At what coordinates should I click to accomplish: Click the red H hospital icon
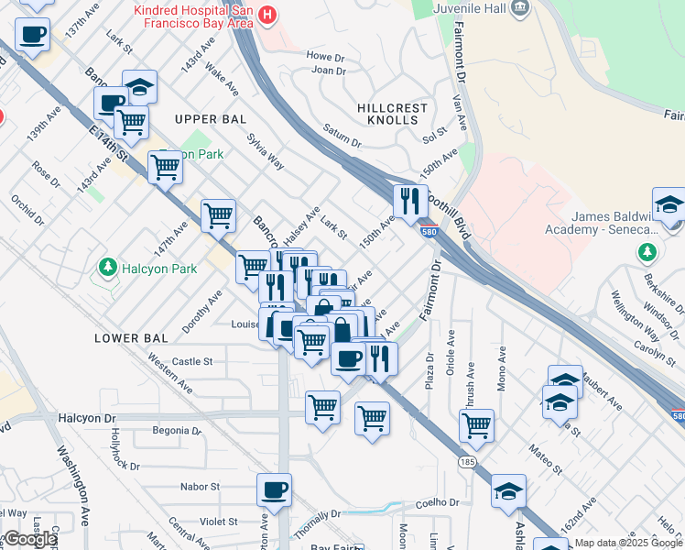click(x=266, y=15)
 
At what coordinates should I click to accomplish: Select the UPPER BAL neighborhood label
click(x=209, y=119)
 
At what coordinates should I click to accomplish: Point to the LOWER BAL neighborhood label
click(x=131, y=338)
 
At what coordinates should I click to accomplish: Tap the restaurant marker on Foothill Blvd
click(x=410, y=201)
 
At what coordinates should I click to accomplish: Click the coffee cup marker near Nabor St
click(x=274, y=490)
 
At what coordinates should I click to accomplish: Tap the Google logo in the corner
click(x=29, y=539)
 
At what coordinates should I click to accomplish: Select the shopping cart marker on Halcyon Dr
click(x=322, y=407)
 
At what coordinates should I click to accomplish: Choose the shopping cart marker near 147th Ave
click(x=218, y=216)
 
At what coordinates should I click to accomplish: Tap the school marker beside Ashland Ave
click(x=508, y=491)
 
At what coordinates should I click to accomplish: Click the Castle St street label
click(x=192, y=362)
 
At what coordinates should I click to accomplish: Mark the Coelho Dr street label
click(x=437, y=502)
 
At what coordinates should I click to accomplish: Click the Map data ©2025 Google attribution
click(x=628, y=543)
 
